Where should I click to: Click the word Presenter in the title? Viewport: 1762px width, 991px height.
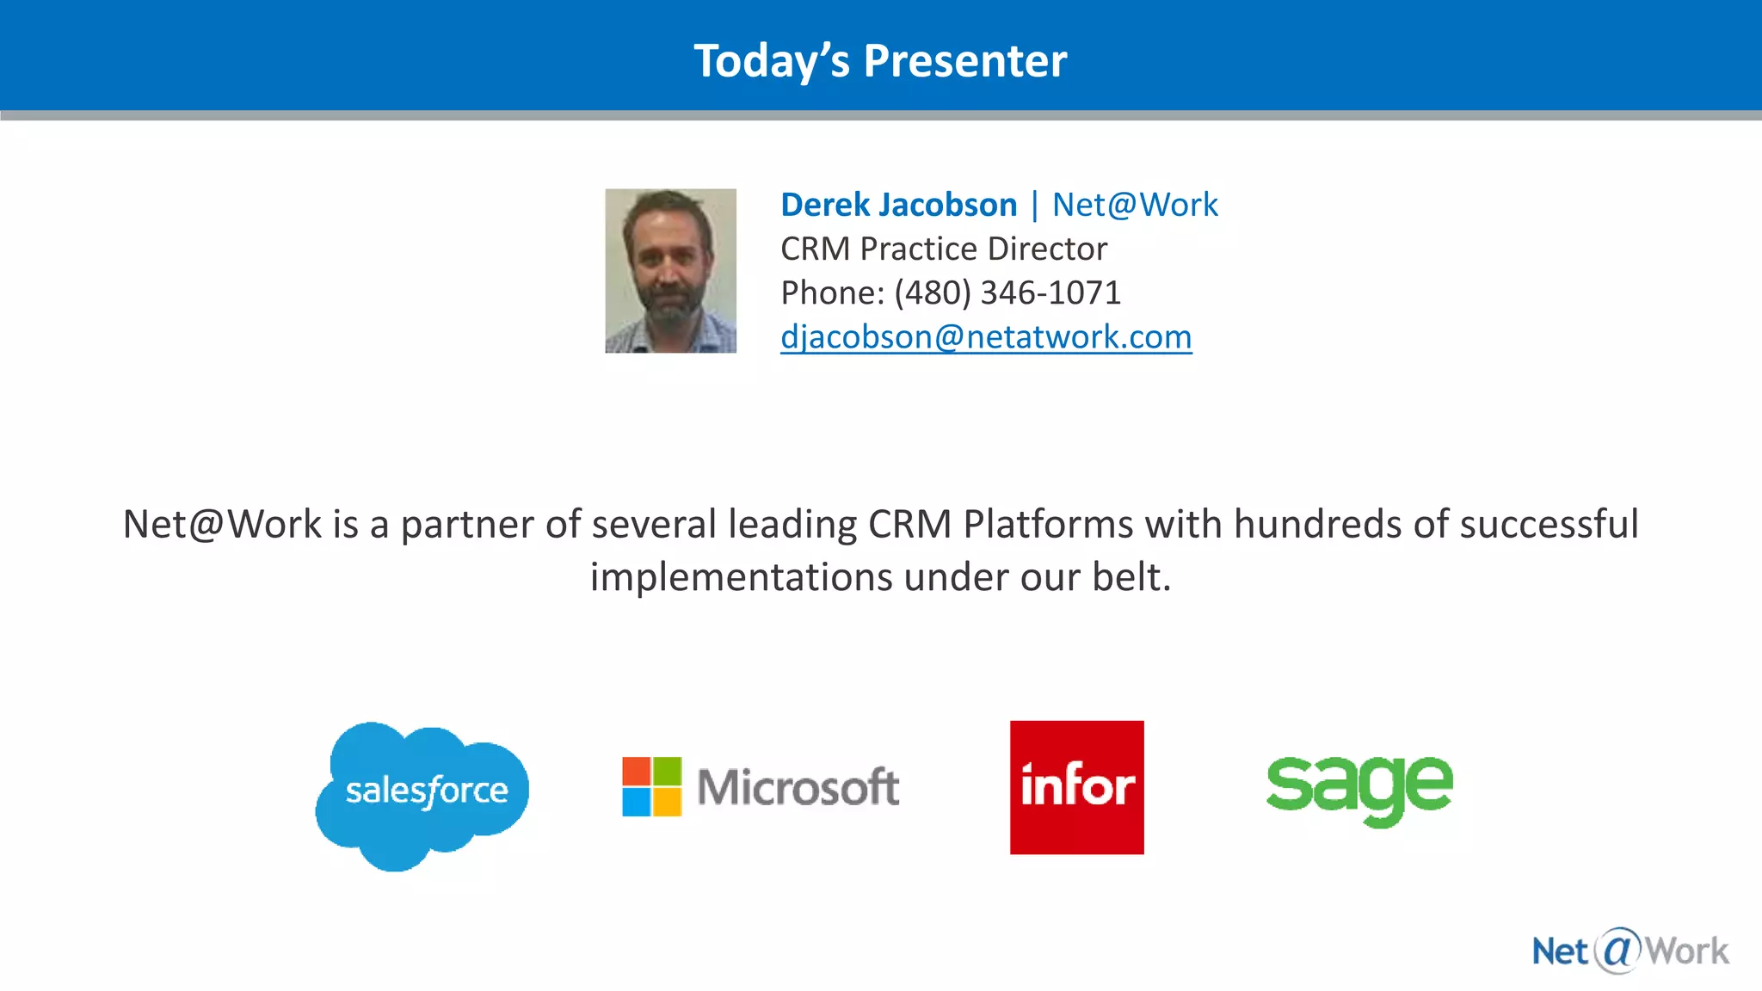964,61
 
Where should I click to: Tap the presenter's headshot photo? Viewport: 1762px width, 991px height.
670,271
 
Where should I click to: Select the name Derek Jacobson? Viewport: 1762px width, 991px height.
898,205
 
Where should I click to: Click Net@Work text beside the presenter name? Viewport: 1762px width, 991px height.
1134,205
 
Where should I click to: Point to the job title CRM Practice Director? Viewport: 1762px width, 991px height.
943,249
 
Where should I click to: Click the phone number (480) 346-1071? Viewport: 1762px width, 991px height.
1007,292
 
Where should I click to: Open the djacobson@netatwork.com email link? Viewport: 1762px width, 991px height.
986,336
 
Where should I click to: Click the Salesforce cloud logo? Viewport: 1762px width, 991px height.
423,793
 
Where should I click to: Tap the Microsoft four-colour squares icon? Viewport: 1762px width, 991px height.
652,786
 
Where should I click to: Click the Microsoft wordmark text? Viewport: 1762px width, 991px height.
798,787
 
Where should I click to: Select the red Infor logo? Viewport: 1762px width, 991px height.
1076,787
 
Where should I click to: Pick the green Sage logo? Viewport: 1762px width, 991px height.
1359,787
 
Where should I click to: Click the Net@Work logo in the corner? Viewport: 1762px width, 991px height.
1630,951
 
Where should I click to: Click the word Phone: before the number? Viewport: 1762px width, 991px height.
832,292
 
